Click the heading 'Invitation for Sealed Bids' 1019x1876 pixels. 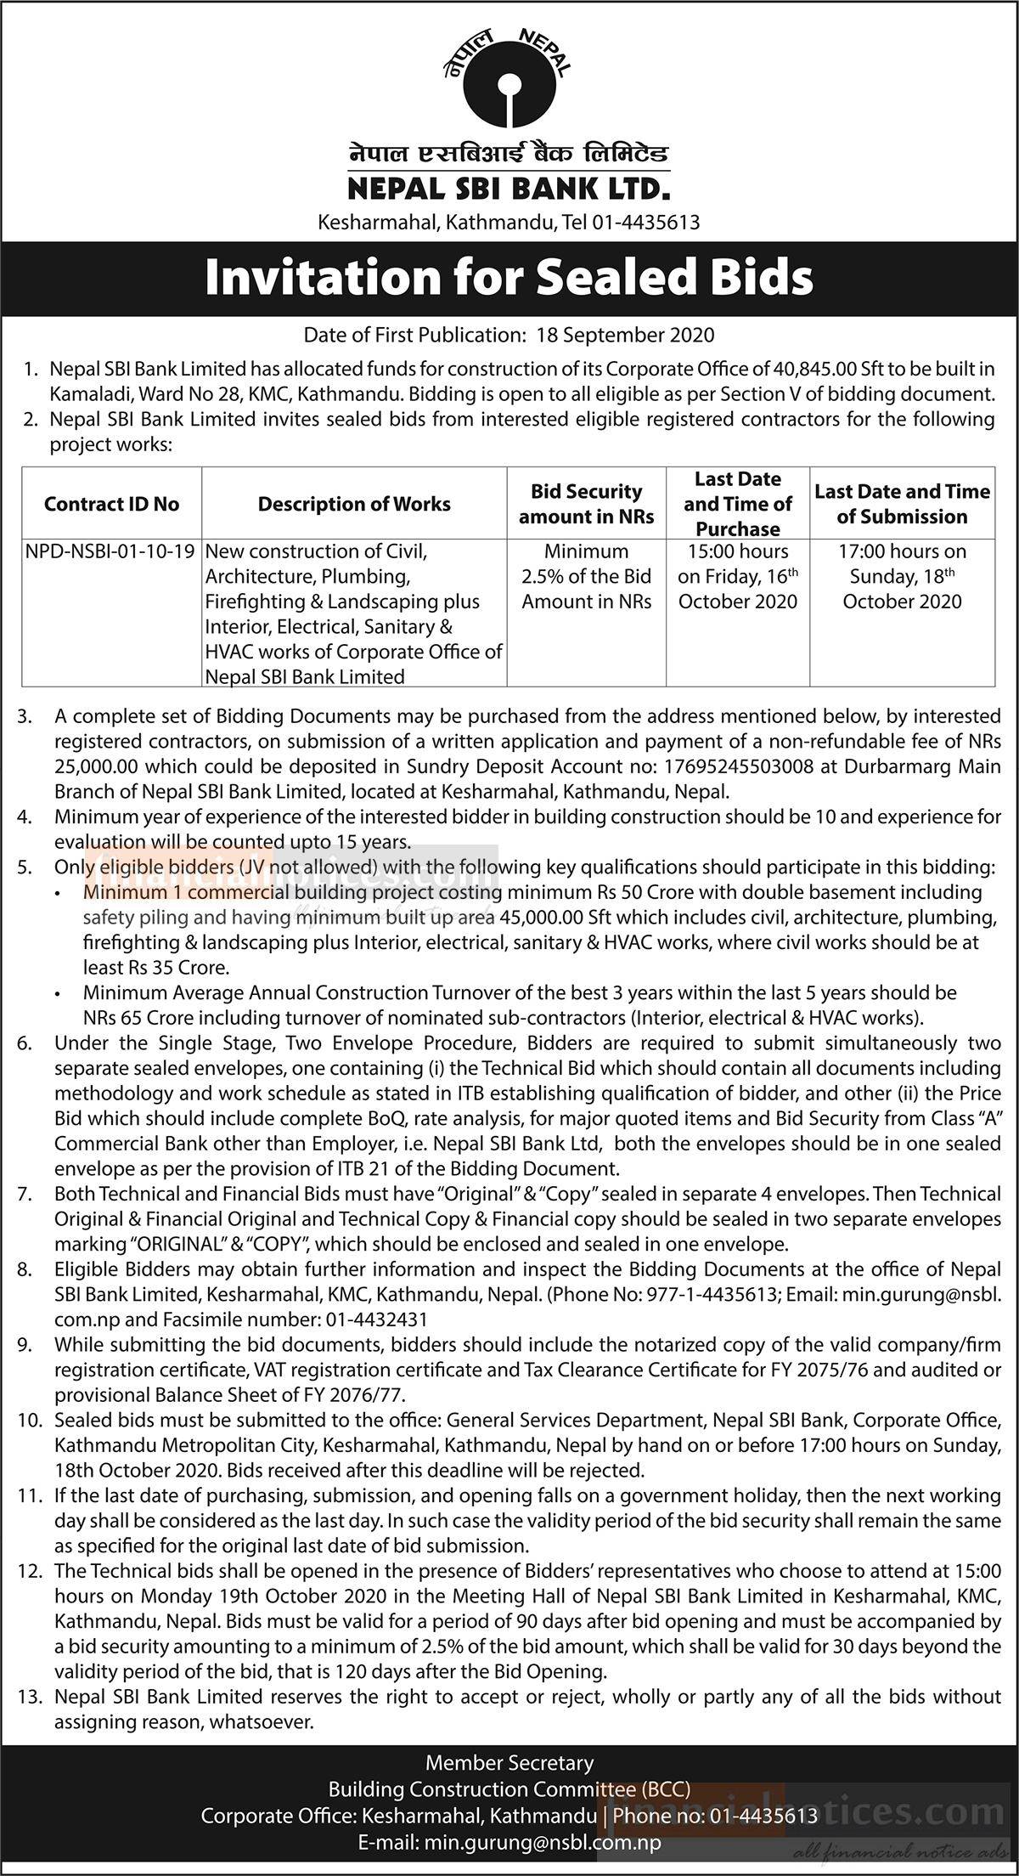coord(509,278)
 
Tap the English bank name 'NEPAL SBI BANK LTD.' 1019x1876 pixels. coord(509,187)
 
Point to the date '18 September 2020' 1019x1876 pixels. coord(626,335)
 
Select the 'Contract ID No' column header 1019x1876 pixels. coord(111,504)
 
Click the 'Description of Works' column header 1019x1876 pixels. coord(354,504)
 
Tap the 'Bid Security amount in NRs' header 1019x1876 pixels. coord(587,504)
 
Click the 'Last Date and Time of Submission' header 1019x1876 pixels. coord(902,504)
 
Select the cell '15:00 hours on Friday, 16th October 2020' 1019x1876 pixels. coord(738,576)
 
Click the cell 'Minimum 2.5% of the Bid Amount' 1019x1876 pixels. coord(587,576)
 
